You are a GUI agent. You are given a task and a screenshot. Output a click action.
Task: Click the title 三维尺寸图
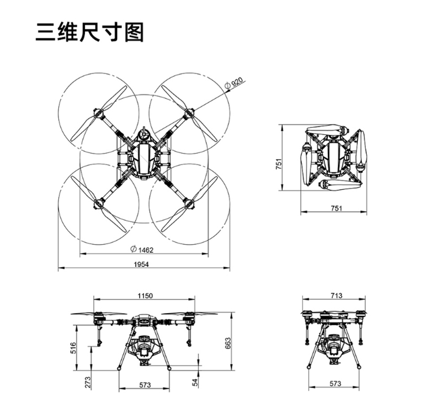[89, 32]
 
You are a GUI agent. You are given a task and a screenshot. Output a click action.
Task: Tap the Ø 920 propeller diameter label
[234, 83]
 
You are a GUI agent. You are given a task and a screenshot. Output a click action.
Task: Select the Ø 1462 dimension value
[142, 249]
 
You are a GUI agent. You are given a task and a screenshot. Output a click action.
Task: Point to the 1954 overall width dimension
[141, 264]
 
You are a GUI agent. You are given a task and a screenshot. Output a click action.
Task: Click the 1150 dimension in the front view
[145, 296]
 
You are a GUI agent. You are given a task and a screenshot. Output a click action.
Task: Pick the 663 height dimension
[228, 343]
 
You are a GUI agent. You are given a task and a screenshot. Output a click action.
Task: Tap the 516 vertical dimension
[73, 348]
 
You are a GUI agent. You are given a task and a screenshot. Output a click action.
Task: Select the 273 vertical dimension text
[88, 383]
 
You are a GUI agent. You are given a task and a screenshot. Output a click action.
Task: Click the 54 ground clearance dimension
[195, 382]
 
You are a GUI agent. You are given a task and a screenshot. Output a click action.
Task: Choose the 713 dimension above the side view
[336, 296]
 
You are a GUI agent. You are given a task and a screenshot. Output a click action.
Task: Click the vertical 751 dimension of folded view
[279, 164]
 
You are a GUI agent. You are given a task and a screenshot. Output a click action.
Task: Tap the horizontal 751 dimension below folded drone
[337, 208]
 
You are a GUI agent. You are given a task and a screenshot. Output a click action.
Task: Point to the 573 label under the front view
[145, 385]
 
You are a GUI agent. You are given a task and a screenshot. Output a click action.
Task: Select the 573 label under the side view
[336, 383]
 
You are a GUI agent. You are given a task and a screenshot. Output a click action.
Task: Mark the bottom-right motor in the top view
[189, 203]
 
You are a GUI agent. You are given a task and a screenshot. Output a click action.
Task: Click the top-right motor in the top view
[189, 113]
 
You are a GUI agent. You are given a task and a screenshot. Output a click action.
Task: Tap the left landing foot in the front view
[119, 368]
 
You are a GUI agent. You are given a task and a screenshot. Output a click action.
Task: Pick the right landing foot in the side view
[359, 367]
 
